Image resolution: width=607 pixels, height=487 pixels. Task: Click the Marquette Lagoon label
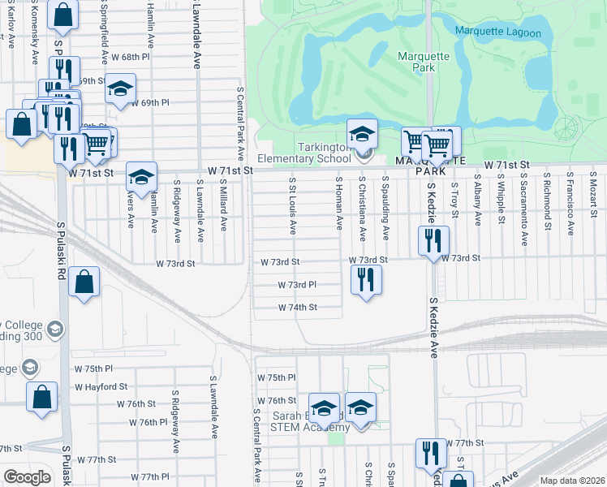pyautogui.click(x=497, y=31)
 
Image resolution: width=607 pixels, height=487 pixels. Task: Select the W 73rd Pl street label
pyautogui.click(x=296, y=286)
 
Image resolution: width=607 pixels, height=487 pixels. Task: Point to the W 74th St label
pyautogui.click(x=297, y=308)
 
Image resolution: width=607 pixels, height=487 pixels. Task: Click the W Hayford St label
pyautogui.click(x=101, y=387)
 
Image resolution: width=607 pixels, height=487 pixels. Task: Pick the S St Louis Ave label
pyautogui.click(x=292, y=203)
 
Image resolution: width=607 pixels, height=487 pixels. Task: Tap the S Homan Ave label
pyautogui.click(x=338, y=203)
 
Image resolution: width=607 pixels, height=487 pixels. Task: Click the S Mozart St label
pyautogui.click(x=593, y=195)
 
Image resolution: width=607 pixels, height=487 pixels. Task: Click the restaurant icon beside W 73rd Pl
pyautogui.click(x=366, y=280)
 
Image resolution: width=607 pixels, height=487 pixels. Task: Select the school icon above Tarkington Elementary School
pyautogui.click(x=363, y=133)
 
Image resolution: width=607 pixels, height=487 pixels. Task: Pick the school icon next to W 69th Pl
pyautogui.click(x=120, y=88)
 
